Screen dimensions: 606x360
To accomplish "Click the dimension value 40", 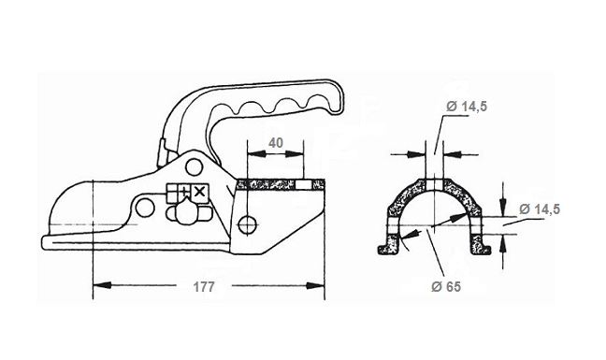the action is [276, 143].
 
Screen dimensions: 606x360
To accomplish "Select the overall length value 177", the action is [204, 287].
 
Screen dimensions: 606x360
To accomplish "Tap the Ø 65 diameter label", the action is [446, 287].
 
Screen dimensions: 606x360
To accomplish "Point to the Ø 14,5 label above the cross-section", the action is [467, 106].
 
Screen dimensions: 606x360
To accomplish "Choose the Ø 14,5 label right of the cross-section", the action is [540, 209].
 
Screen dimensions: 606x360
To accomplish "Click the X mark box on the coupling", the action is [199, 192].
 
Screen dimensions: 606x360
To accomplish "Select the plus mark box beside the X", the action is [184, 192].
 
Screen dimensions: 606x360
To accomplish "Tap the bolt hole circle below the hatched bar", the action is [248, 224].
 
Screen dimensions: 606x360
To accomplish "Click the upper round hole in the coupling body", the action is [194, 166].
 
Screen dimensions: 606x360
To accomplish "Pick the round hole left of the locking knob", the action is [145, 208].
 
